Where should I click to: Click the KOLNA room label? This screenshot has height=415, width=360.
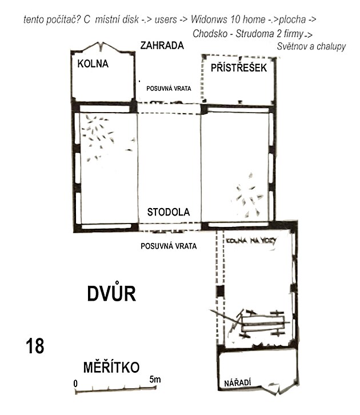93,64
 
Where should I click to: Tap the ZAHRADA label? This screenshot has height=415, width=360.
162,46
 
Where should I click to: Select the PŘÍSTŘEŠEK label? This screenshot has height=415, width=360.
239,68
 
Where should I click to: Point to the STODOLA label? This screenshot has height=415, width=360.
168,212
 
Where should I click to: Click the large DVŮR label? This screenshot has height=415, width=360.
111,293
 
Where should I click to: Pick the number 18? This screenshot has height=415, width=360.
35,346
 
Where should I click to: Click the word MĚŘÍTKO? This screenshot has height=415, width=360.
111,368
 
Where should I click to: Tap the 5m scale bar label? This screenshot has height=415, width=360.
155,379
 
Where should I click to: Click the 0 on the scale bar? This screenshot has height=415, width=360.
75,384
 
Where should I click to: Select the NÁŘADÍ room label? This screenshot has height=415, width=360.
237,383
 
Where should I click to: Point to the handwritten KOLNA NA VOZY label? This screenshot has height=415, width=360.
251,241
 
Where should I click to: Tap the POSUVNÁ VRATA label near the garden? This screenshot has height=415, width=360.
169,89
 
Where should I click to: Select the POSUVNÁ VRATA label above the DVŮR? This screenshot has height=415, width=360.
169,246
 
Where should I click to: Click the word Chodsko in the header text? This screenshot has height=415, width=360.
210,34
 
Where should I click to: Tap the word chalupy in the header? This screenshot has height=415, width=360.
331,47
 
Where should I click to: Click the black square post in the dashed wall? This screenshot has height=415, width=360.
220,291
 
